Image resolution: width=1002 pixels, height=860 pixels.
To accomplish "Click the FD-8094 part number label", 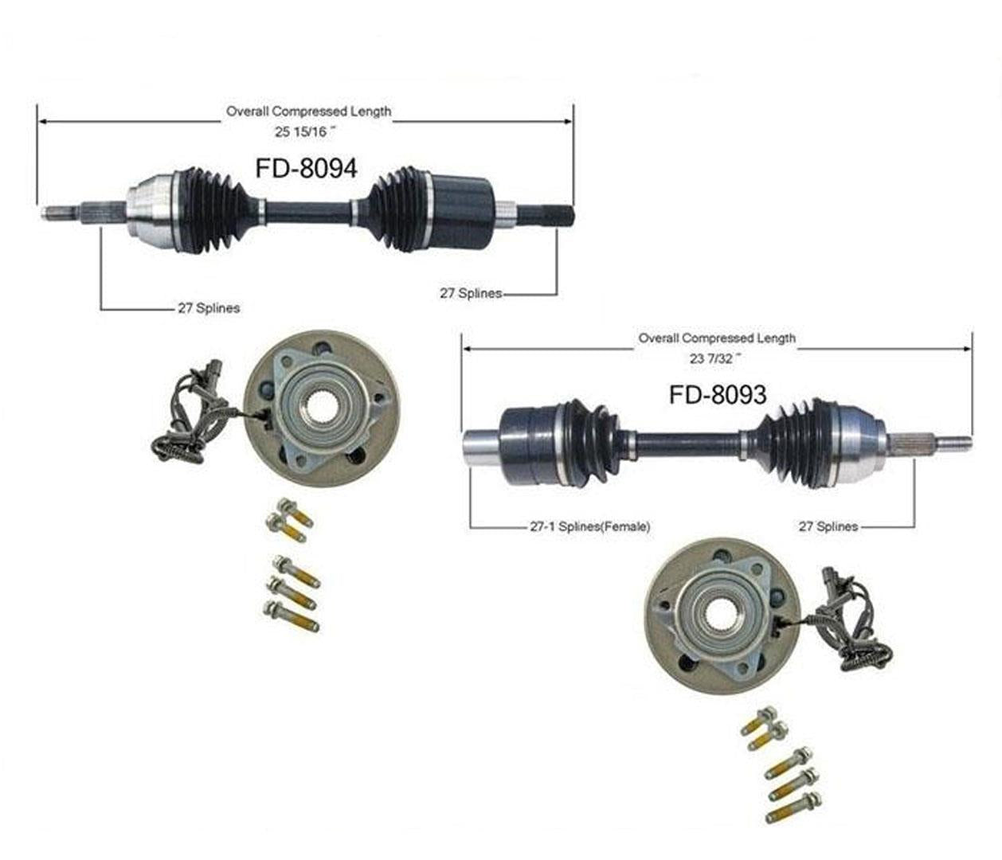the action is point(306,168).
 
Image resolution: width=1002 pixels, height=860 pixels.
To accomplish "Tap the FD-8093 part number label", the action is point(718,394).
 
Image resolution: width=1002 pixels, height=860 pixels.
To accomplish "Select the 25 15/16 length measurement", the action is point(305,131).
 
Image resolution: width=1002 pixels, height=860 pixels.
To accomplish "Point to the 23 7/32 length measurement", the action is point(716,359).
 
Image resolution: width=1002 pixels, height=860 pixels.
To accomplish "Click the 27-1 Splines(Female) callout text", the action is point(590,526).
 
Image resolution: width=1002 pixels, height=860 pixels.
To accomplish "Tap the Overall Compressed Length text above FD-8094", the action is point(309,111).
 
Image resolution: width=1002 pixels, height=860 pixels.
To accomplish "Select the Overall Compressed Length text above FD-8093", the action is point(717,338).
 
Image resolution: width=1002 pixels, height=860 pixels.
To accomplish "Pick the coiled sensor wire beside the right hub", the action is point(854,621).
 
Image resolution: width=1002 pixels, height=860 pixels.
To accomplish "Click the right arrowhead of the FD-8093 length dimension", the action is point(968,349).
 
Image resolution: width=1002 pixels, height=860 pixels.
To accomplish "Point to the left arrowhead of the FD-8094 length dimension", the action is point(41,121).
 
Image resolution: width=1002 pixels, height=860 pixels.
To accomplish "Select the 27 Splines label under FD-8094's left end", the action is point(209,308).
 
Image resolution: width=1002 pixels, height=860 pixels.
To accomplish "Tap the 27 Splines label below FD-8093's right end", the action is point(828,526).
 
